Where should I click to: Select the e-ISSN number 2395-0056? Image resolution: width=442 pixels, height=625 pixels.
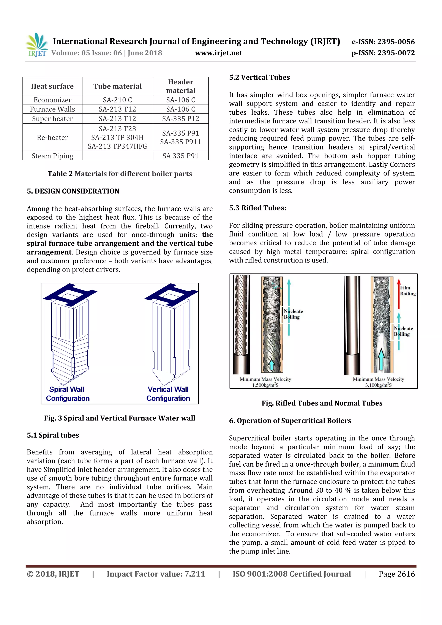[383, 42]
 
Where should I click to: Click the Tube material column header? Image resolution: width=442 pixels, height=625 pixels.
[117, 86]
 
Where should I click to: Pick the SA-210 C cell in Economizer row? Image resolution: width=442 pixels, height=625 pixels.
[117, 100]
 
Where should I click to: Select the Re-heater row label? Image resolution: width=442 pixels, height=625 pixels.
[52, 137]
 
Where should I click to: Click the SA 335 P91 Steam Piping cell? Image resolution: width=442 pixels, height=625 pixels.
[180, 156]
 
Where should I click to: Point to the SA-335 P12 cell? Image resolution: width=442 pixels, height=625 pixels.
[180, 119]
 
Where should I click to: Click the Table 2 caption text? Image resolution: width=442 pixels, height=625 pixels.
[120, 174]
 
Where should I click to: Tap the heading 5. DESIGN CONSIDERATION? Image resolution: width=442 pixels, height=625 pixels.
[73, 191]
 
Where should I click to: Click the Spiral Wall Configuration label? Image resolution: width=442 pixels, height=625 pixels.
[68, 394]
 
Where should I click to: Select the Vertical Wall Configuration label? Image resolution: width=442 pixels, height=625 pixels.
[168, 394]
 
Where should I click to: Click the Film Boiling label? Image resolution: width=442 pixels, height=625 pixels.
[407, 290]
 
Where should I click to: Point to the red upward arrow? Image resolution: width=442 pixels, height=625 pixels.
[399, 294]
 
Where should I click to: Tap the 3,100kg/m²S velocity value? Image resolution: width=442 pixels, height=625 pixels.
[378, 385]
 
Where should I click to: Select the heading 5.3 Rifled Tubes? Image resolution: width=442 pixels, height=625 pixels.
[257, 208]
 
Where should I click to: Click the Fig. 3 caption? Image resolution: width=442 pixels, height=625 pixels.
[120, 418]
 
